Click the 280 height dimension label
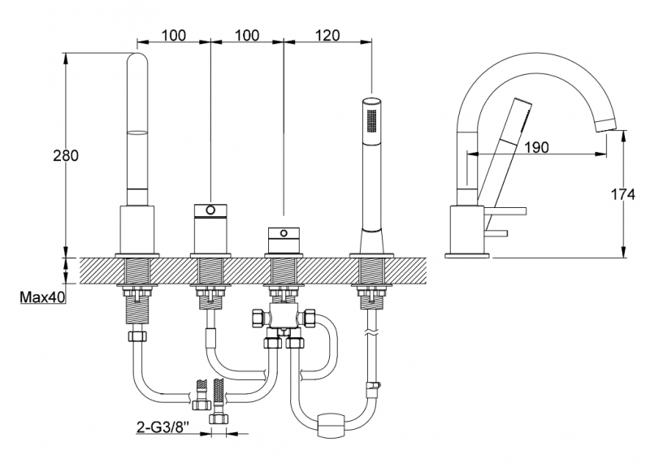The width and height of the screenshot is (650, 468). pyautogui.click(x=66, y=156)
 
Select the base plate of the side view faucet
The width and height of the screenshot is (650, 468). pyautogui.click(x=467, y=257)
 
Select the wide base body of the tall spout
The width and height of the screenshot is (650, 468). pyautogui.click(x=138, y=229)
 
